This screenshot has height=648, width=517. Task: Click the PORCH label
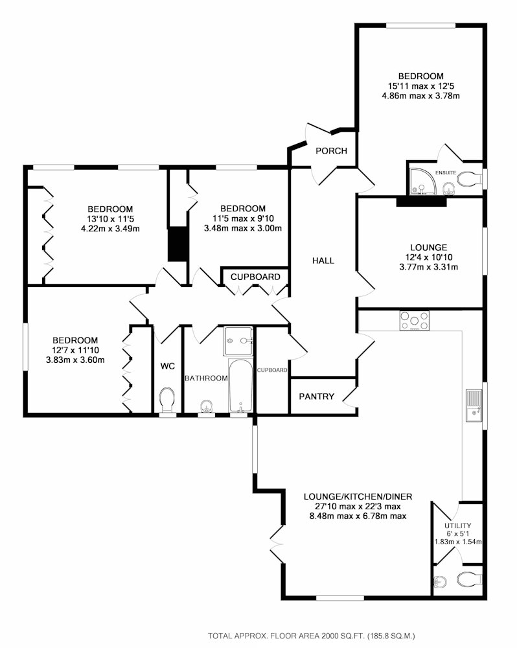(x=331, y=151)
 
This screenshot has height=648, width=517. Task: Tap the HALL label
(x=323, y=260)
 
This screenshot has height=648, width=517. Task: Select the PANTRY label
(x=316, y=397)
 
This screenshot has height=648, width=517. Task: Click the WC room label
(x=167, y=365)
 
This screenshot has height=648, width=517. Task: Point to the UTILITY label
(x=457, y=526)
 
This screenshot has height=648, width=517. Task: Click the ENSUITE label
(x=446, y=172)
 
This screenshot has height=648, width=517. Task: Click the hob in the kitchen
(x=414, y=321)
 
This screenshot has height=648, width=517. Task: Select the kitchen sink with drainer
(x=474, y=405)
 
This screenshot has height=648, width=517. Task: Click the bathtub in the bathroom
(x=240, y=386)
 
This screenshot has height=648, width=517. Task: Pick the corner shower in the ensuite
(x=422, y=181)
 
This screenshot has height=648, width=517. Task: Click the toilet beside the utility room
(x=470, y=579)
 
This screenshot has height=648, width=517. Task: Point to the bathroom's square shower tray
(x=238, y=341)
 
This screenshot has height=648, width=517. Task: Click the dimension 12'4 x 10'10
(x=428, y=257)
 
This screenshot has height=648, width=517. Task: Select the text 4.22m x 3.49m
(x=110, y=228)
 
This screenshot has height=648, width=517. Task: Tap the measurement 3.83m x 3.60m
(x=75, y=360)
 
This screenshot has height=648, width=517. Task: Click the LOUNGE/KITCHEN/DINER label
(x=358, y=497)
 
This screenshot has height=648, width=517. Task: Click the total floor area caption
(x=312, y=636)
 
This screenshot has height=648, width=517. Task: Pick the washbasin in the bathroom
(x=206, y=407)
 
